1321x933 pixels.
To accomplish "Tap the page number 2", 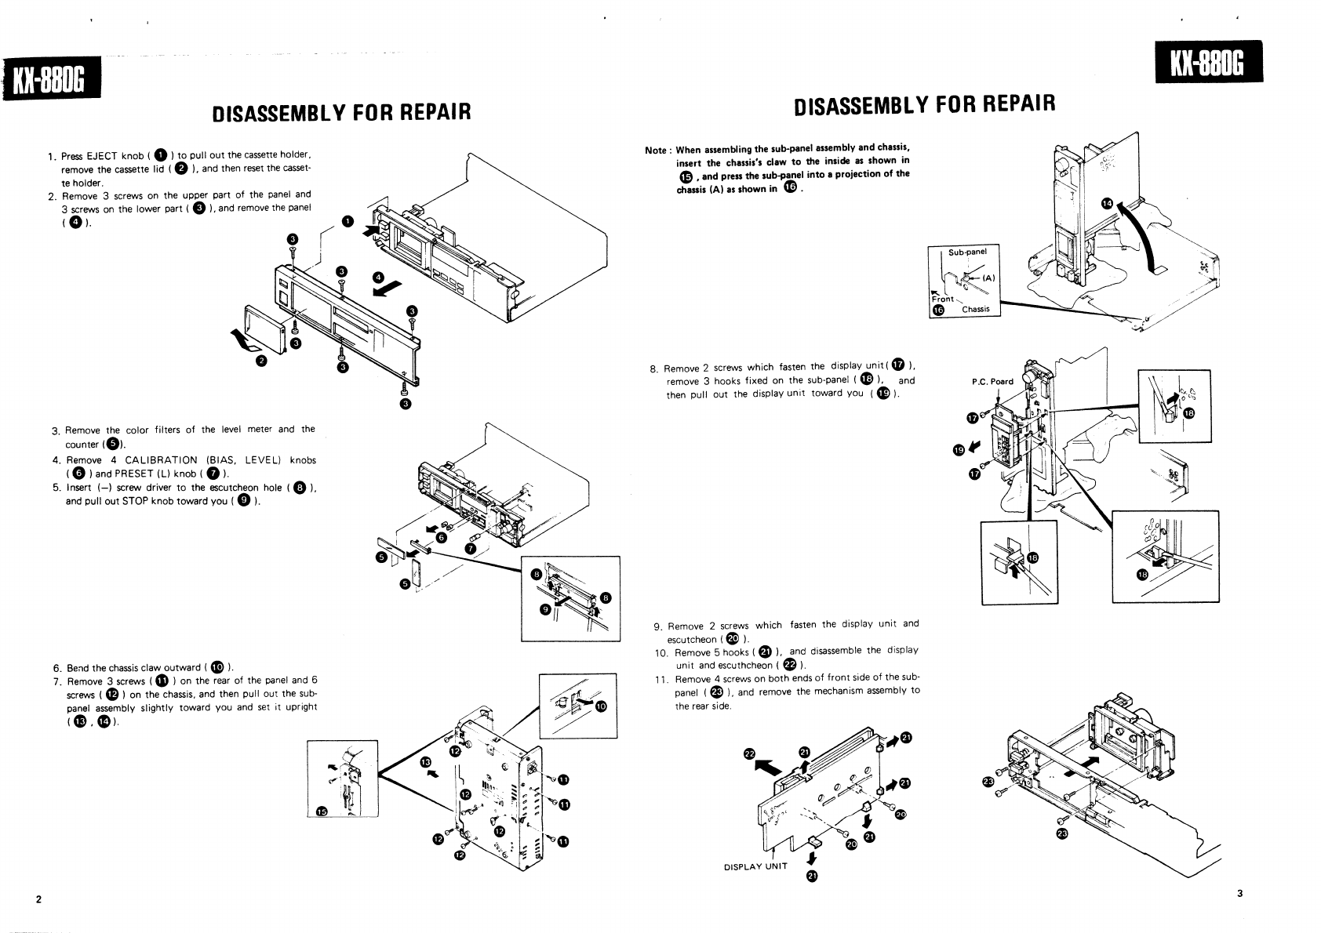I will click(x=38, y=899).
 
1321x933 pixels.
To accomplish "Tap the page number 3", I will click(x=1239, y=893).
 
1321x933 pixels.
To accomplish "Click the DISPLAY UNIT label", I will click(x=755, y=867).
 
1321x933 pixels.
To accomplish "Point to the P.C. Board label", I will click(x=992, y=382).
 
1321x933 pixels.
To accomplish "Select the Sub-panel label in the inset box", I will click(x=967, y=252).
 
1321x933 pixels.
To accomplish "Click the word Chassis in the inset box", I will click(x=975, y=309).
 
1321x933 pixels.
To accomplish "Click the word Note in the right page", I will click(x=656, y=151).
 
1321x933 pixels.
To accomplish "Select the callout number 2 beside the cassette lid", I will click(x=262, y=361).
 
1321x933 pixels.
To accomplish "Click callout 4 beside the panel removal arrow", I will click(x=379, y=276).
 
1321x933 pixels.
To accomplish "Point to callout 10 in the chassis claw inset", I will click(x=601, y=706).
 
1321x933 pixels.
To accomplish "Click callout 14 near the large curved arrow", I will click(x=1107, y=203).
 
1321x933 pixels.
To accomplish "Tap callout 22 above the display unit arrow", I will click(x=749, y=754).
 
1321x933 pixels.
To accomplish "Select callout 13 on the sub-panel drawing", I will click(x=426, y=761).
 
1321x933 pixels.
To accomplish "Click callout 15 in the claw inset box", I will click(x=319, y=811).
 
